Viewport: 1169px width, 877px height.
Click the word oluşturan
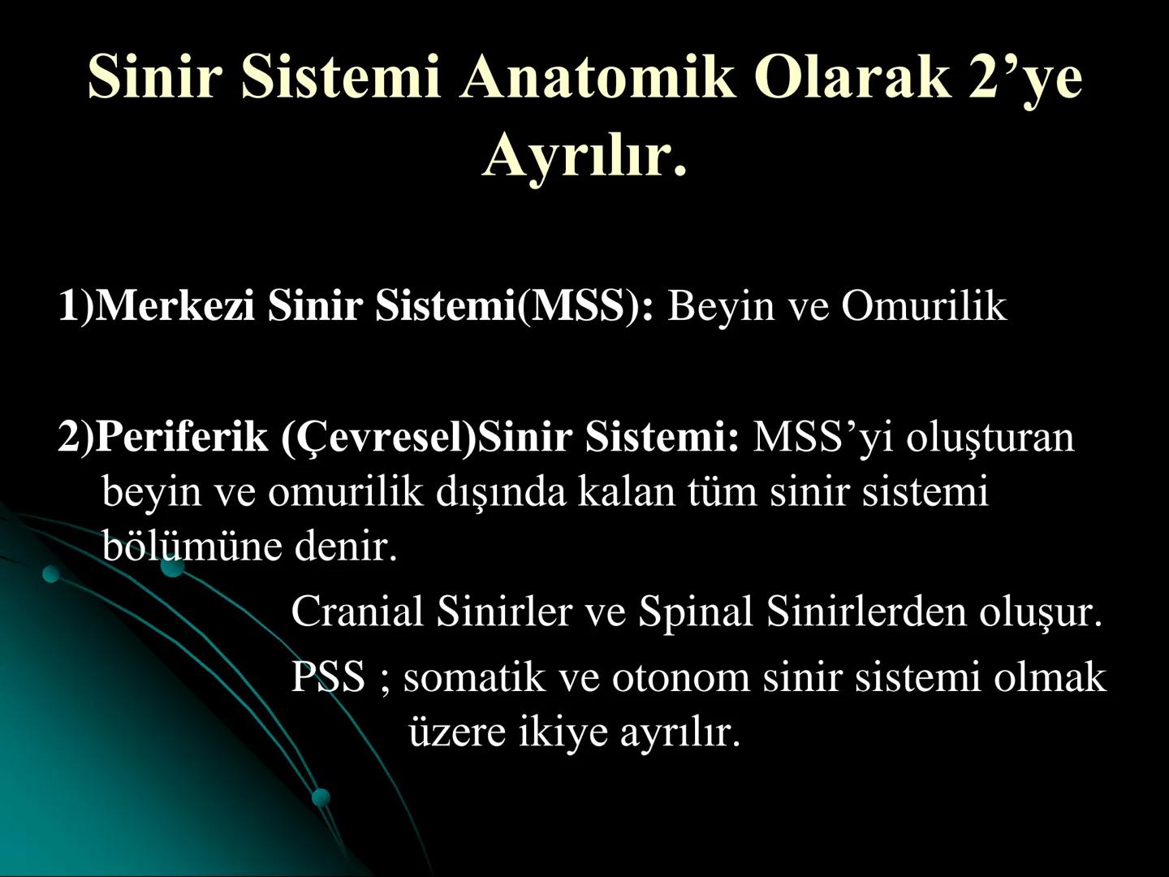pos(990,437)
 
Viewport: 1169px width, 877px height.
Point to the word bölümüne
pos(192,546)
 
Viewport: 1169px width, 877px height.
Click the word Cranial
pos(357,611)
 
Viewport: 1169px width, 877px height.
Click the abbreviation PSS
pos(328,676)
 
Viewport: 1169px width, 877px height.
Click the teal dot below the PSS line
pos(321,797)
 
